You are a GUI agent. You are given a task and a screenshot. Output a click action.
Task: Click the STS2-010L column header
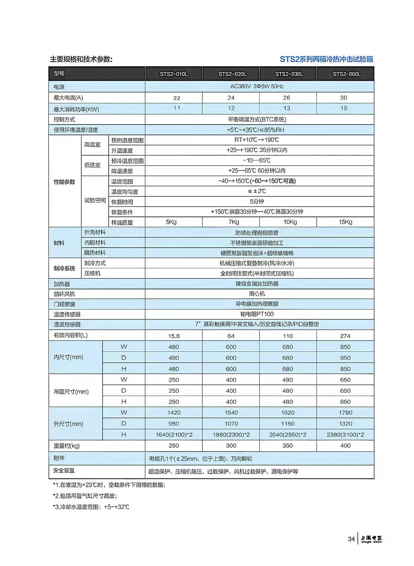coord(174,74)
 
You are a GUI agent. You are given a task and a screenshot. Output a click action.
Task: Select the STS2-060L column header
coord(347,74)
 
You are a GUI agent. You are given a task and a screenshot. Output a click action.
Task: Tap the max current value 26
coord(287,98)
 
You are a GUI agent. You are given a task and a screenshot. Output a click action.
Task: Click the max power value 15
coord(344,108)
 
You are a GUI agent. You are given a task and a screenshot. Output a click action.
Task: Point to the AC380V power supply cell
coord(257,86)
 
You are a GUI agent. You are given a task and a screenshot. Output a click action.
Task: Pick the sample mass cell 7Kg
coord(234,222)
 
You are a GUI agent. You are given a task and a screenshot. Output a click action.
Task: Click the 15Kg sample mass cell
coord(345,222)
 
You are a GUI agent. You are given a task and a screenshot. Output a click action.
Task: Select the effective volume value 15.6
coord(174,336)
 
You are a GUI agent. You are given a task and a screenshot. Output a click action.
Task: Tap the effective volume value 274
coord(345,336)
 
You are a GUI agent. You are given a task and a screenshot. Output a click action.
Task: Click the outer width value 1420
coord(174,413)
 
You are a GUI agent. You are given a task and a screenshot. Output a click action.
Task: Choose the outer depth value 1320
coord(345,424)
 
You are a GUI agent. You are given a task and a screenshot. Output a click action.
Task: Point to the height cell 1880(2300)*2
coord(231,435)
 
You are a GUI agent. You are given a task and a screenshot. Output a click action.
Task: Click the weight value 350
coord(288,446)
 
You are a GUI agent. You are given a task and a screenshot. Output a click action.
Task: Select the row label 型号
coord(59,74)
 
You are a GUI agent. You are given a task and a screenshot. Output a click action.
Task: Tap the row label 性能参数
coord(64,182)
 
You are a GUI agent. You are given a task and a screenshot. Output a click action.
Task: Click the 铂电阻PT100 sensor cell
coord(257,314)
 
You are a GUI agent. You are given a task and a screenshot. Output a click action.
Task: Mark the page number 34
coord(351,539)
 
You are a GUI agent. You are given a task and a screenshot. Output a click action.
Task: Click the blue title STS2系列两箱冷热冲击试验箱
coord(326,59)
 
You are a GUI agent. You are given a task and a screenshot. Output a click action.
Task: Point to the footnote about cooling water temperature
coord(91,507)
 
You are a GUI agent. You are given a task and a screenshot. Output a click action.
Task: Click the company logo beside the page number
coord(372,539)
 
